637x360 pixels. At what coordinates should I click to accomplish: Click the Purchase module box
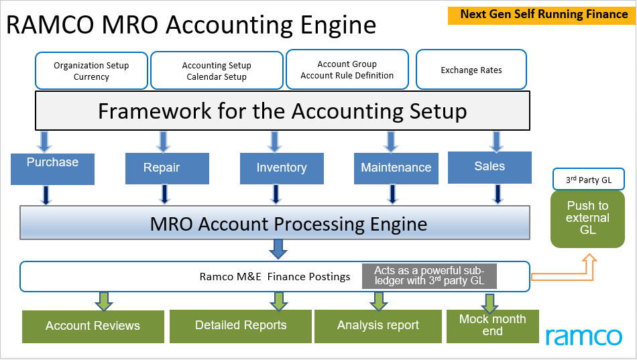52,168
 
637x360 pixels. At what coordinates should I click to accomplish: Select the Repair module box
162,168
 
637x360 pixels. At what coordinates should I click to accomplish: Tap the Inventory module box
282,168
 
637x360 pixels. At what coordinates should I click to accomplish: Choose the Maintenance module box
396,168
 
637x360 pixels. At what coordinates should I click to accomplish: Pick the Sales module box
489,168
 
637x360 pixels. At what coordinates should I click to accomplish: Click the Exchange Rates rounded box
471,70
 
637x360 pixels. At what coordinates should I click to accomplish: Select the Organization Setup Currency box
91,71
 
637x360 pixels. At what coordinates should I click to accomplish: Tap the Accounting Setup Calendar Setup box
217,71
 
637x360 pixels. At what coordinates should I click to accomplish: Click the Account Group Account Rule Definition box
347,70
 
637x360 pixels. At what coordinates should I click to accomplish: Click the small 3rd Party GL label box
587,179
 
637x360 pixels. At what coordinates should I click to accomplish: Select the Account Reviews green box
93,326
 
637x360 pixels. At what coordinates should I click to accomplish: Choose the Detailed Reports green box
240,326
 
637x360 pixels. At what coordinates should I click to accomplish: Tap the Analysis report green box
378,326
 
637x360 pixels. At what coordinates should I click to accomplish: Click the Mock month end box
492,325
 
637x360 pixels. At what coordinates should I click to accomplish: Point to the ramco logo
583,335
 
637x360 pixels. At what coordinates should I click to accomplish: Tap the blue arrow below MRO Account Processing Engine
278,249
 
